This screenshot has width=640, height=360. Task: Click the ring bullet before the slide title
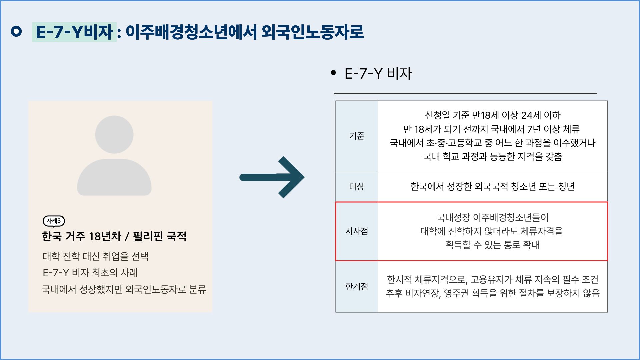(16, 32)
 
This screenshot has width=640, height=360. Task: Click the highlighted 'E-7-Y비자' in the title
(74, 32)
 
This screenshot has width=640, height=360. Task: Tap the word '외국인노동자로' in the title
(312, 32)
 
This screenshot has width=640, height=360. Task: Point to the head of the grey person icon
(114, 134)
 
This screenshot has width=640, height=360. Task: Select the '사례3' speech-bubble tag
(54, 221)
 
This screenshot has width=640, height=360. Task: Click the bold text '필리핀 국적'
(160, 236)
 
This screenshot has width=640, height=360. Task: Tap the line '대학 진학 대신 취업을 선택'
(96, 256)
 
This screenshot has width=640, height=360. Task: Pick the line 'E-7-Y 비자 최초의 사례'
(90, 273)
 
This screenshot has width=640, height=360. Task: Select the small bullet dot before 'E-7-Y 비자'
(333, 73)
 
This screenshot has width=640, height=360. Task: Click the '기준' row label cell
(357, 136)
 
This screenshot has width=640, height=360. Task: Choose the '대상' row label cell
(357, 186)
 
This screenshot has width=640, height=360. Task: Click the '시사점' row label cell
(357, 231)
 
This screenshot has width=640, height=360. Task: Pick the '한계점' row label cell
(357, 286)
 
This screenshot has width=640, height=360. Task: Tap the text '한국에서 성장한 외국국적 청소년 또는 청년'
(493, 186)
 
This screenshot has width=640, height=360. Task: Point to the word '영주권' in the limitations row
(456, 293)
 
